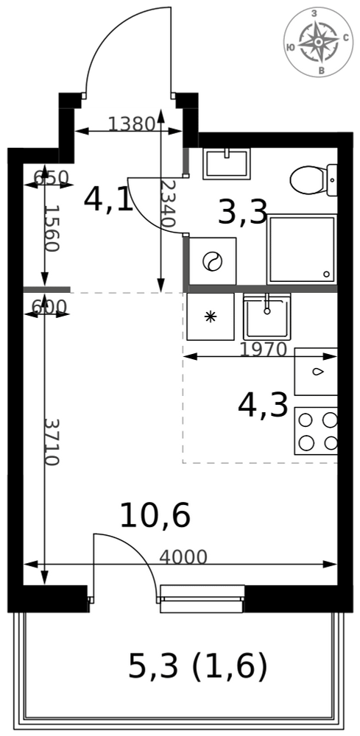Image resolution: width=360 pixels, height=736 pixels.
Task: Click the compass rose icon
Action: (320, 42)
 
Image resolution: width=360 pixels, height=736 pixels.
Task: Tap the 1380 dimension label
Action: (132, 124)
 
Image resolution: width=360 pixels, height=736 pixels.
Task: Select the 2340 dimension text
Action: (167, 204)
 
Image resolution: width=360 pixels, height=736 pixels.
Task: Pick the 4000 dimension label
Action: (183, 557)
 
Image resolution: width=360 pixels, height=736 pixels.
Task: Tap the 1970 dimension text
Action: (263, 349)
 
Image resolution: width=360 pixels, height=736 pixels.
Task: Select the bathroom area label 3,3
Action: (243, 212)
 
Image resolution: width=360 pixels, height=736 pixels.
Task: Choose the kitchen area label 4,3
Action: (263, 406)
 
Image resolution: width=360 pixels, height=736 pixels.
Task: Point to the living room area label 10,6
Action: (155, 515)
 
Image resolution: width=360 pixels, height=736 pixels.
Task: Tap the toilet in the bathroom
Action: (314, 180)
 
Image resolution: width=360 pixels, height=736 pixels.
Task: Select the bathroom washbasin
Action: (227, 163)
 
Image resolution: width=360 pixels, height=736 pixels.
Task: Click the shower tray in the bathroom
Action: (302, 250)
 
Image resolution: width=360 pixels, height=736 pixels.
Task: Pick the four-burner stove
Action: (316, 431)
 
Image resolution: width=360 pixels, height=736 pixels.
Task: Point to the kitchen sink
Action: (267, 316)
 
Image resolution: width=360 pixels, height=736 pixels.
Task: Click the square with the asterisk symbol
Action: (211, 316)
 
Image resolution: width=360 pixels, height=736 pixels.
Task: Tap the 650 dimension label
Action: (52, 177)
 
